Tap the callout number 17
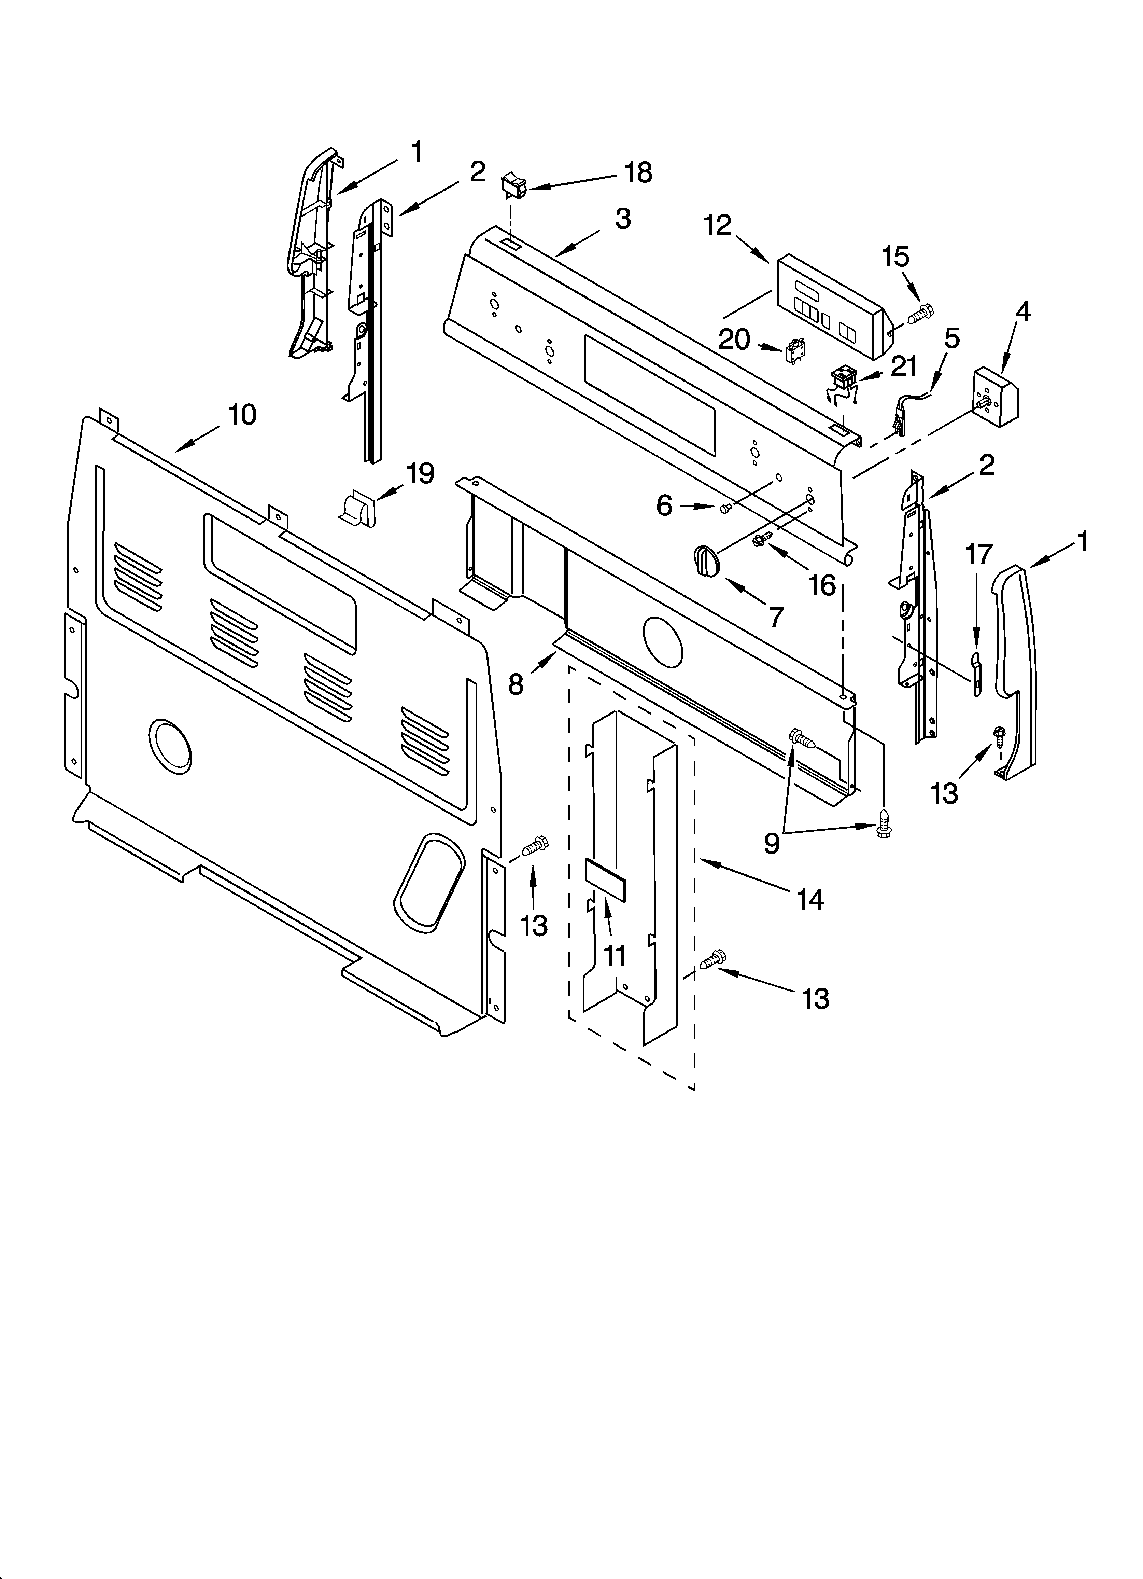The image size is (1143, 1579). pos(978,555)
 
